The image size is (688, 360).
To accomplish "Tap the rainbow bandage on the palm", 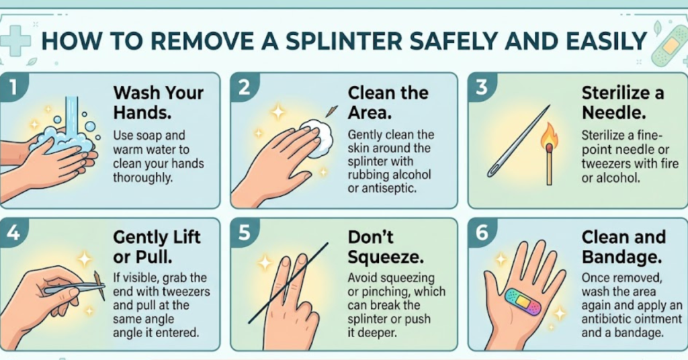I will click(x=523, y=302).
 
